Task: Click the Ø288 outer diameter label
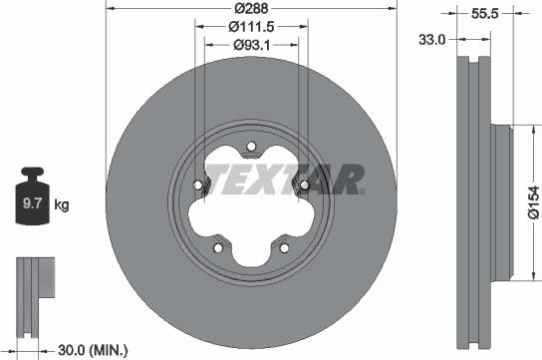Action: pos(250,8)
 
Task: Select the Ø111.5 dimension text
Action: pos(250,26)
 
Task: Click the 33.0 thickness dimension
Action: pos(430,39)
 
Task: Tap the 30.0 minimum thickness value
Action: pos(70,349)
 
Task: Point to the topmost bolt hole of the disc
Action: pos(250,147)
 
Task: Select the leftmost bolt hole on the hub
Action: pos(198,184)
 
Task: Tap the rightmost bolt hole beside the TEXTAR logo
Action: pos(303,184)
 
